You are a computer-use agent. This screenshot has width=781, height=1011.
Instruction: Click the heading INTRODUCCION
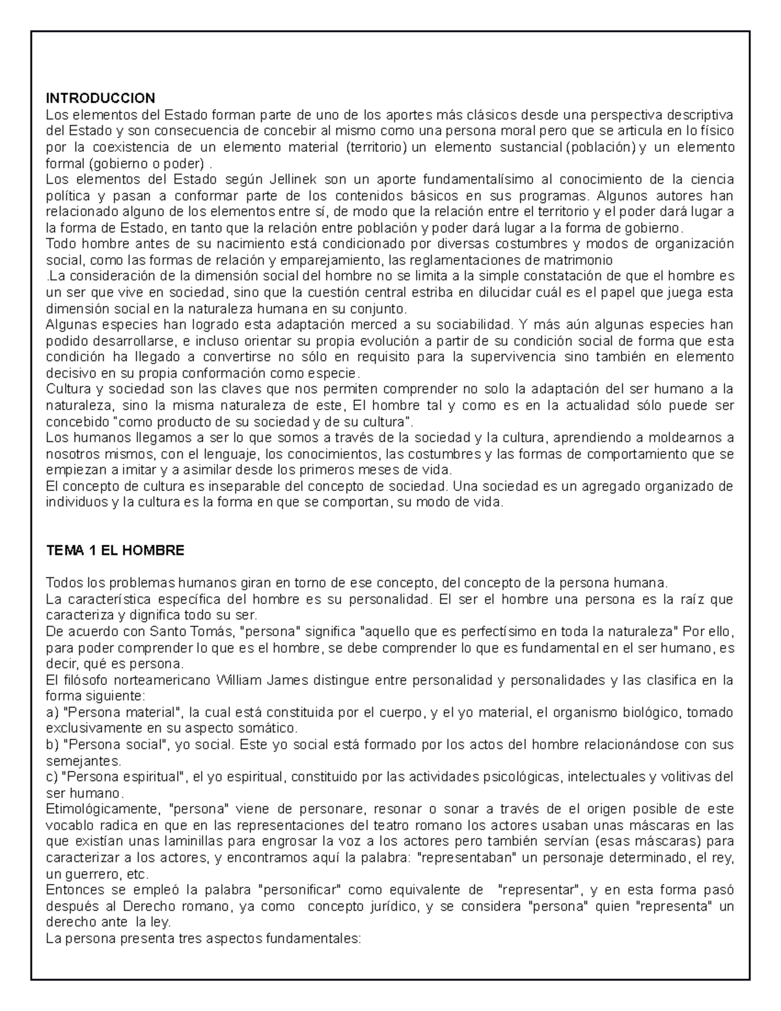(100, 98)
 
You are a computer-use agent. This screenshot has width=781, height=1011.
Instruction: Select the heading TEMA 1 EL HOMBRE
(115, 550)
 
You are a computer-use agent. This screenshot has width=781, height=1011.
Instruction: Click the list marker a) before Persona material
(52, 712)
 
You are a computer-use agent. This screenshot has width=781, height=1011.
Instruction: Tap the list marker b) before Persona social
(52, 745)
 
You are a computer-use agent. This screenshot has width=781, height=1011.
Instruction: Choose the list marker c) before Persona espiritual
(52, 777)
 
